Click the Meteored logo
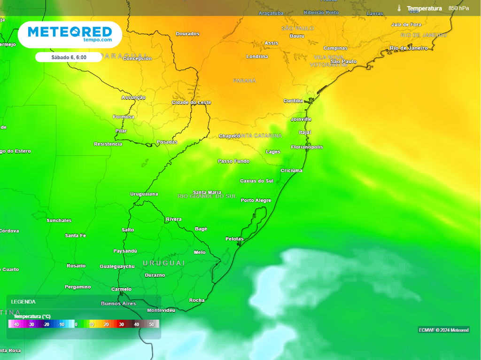(x=70, y=34)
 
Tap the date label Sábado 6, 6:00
(x=69, y=57)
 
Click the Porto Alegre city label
(x=256, y=201)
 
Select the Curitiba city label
(x=293, y=101)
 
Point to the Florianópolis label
(x=307, y=147)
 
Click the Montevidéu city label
(x=161, y=311)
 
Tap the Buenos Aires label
(x=118, y=304)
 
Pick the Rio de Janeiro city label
(x=409, y=48)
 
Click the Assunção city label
(x=133, y=98)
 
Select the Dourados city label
(x=187, y=34)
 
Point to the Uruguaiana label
(x=144, y=194)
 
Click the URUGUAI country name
(x=164, y=263)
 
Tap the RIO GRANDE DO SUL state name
(x=207, y=196)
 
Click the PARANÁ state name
(x=245, y=81)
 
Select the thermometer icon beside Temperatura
(x=399, y=8)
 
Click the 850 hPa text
(x=458, y=8)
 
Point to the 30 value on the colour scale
(x=121, y=324)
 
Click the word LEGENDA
(x=23, y=302)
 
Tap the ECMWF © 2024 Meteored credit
(x=443, y=330)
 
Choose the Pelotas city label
(x=234, y=239)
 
